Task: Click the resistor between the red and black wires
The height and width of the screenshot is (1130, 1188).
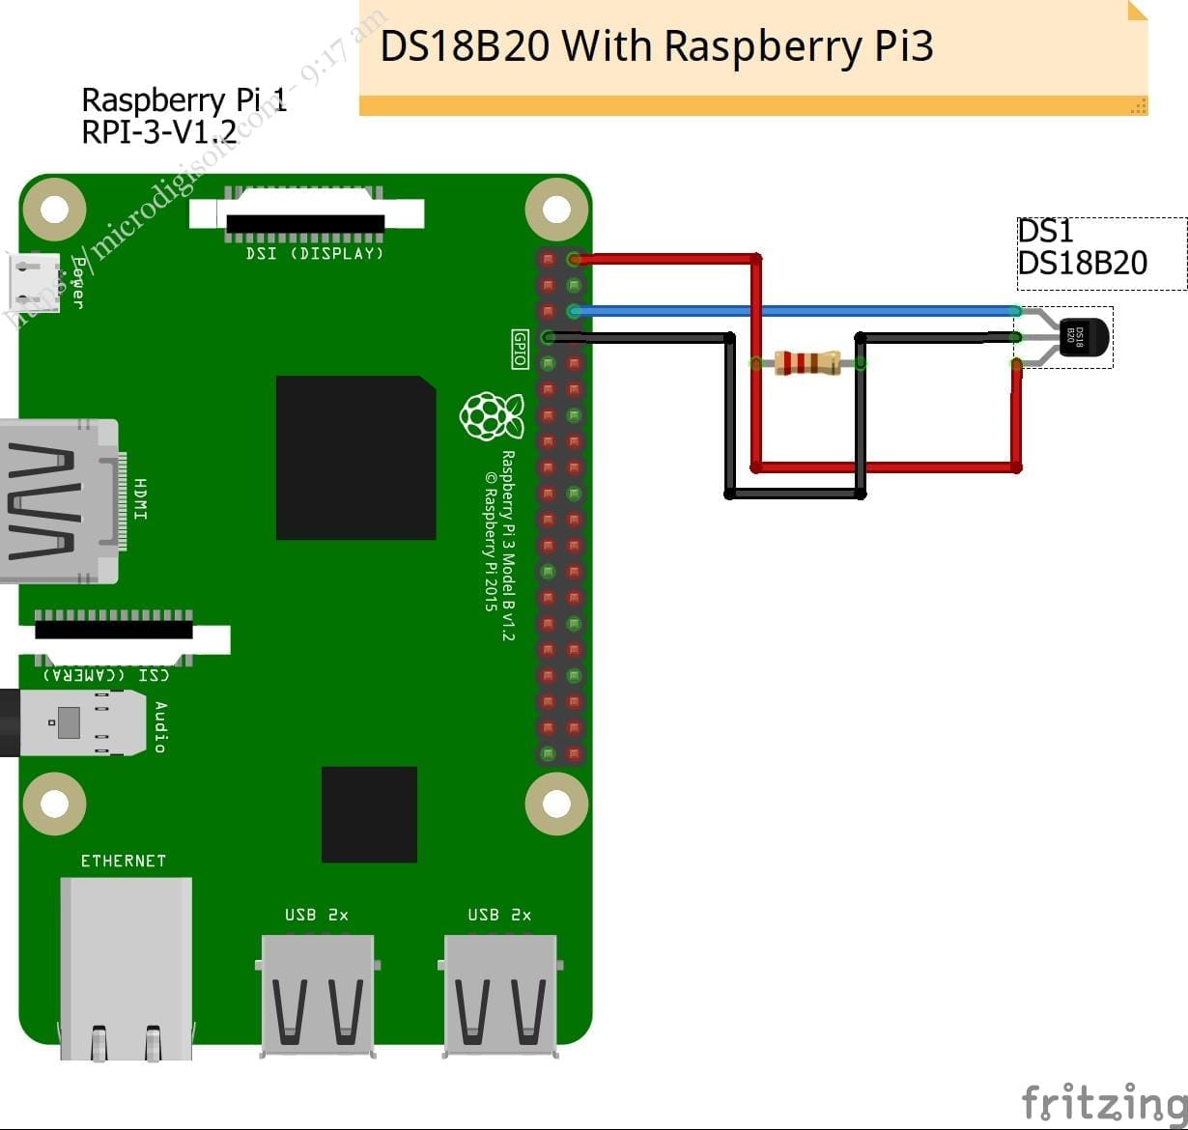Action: (807, 363)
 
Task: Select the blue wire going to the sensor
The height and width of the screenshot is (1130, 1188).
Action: (792, 311)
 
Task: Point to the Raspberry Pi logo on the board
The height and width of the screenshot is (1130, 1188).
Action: (491, 416)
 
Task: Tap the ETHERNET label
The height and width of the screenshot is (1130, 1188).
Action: (123, 861)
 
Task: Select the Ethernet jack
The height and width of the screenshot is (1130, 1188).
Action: (126, 966)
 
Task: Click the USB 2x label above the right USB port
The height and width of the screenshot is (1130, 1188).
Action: (498, 915)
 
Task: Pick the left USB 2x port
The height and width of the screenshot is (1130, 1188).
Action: (316, 995)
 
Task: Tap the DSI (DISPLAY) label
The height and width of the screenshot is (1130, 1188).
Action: (315, 254)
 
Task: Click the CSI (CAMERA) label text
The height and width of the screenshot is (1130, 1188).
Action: (106, 674)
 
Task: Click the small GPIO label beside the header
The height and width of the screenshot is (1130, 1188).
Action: (520, 349)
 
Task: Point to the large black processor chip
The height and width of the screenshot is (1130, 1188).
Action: (355, 458)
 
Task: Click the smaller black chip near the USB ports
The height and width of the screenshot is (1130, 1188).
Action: (369, 814)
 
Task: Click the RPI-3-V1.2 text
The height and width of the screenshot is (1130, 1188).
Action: (158, 131)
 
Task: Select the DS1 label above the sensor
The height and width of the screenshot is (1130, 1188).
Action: (1045, 232)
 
